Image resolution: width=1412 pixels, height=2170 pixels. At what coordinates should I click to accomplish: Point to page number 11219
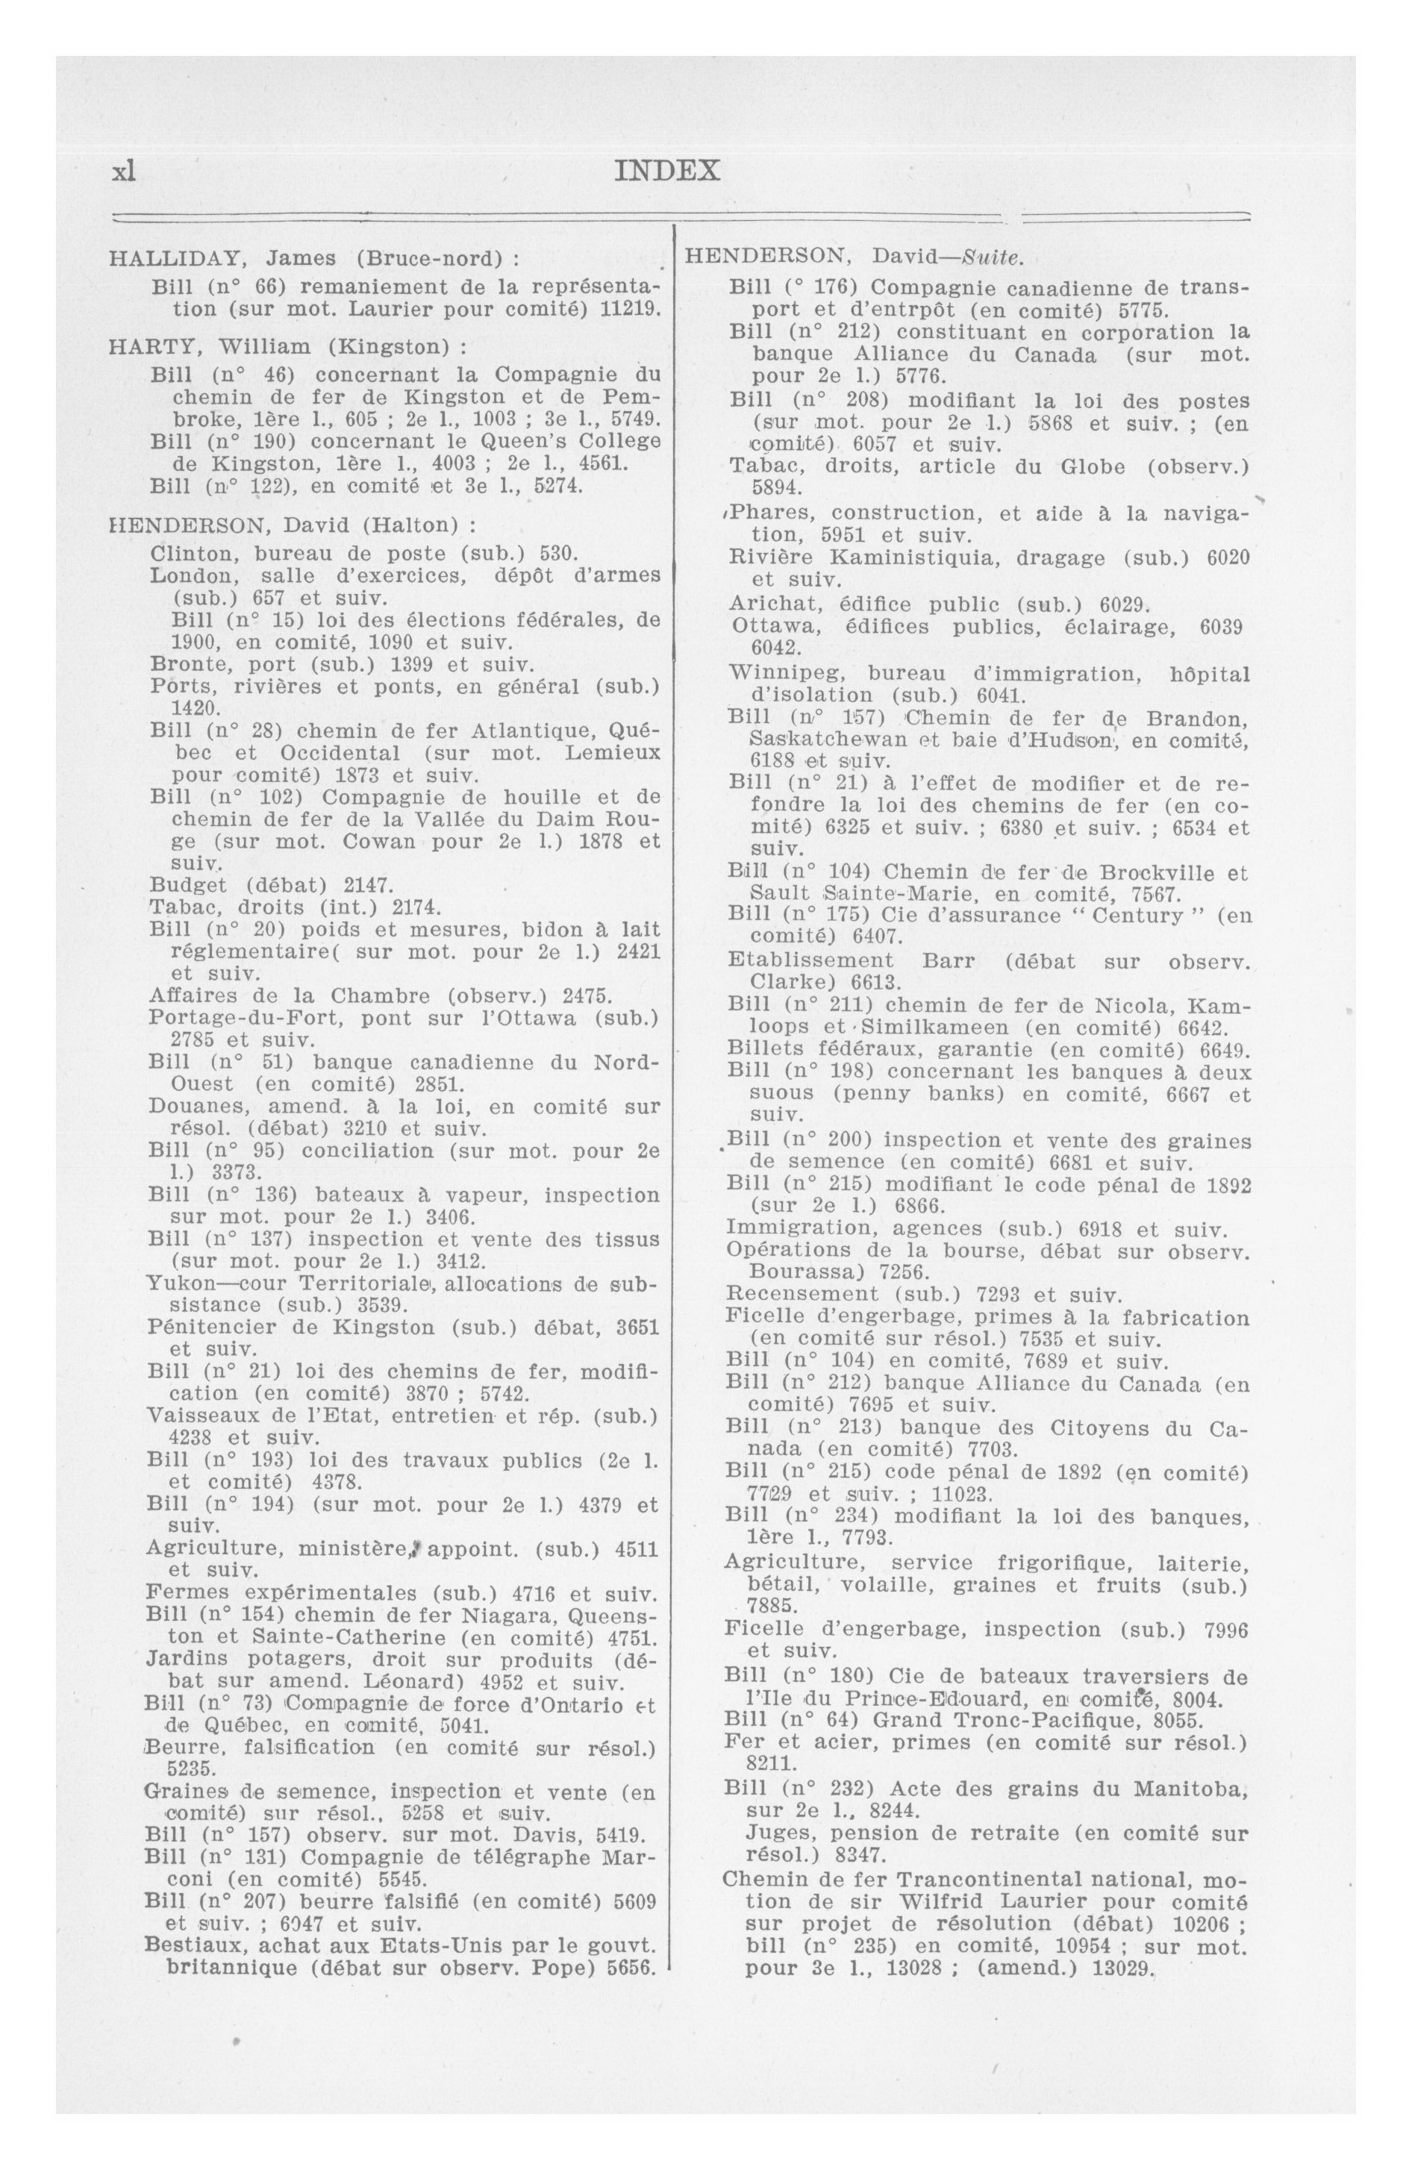pos(629,308)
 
